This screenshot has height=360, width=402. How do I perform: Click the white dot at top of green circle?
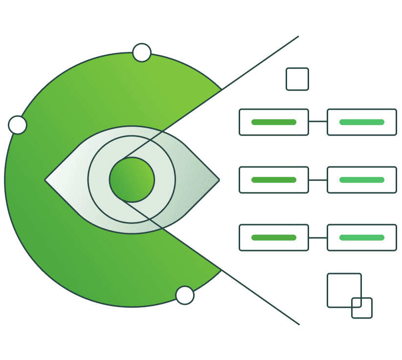click(142, 53)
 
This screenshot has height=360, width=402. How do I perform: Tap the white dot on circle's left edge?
click(18, 125)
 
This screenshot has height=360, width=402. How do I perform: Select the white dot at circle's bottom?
click(185, 295)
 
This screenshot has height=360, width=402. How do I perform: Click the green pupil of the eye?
click(132, 180)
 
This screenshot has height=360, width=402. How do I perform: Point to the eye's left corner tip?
click(46, 180)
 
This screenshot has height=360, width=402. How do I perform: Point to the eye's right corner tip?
click(219, 180)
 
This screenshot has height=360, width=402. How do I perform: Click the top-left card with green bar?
click(274, 122)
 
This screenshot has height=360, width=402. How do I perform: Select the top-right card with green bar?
click(362, 122)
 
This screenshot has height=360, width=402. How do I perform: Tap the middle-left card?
click(274, 180)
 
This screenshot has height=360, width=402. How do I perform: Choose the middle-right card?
click(362, 180)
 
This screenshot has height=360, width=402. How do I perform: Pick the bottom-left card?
click(274, 238)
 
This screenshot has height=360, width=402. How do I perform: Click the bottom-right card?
click(362, 238)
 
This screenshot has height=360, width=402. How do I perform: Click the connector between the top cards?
click(318, 121)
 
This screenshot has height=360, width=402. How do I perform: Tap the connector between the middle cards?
click(318, 180)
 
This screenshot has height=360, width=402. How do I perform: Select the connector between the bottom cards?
click(318, 238)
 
